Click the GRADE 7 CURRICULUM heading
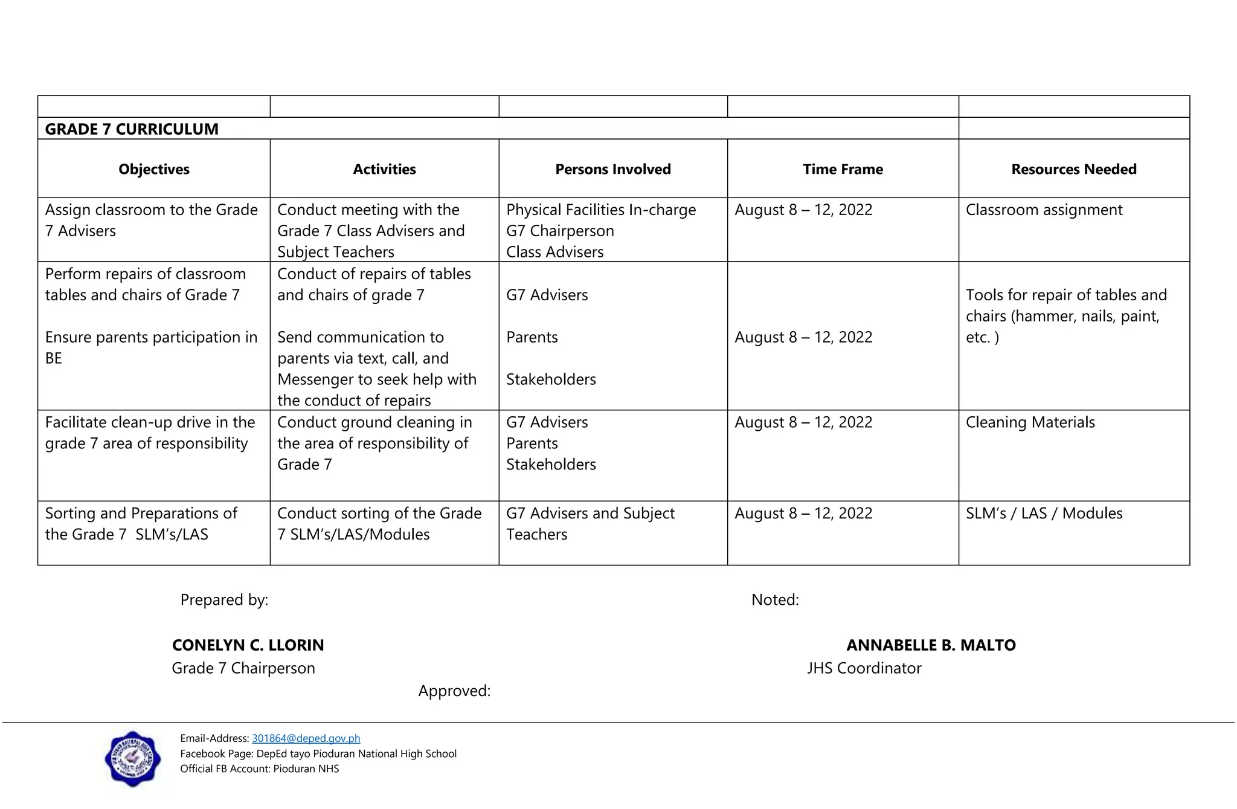click(x=132, y=129)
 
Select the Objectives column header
click(x=154, y=169)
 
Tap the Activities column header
click(x=384, y=169)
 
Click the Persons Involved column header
click(x=613, y=169)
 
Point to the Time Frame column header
click(x=843, y=169)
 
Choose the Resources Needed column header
click(x=1074, y=169)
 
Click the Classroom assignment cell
click(x=1044, y=210)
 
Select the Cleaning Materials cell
click(x=1030, y=422)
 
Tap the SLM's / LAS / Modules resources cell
click(x=1044, y=514)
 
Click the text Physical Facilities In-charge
click(x=601, y=210)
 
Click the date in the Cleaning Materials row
click(x=803, y=422)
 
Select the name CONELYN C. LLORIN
click(x=248, y=645)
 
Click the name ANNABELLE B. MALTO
click(x=931, y=645)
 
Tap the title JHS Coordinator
click(x=864, y=668)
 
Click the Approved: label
click(x=454, y=691)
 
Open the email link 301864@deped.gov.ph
click(x=306, y=738)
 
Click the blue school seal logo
click(x=133, y=759)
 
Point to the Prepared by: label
click(x=224, y=600)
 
